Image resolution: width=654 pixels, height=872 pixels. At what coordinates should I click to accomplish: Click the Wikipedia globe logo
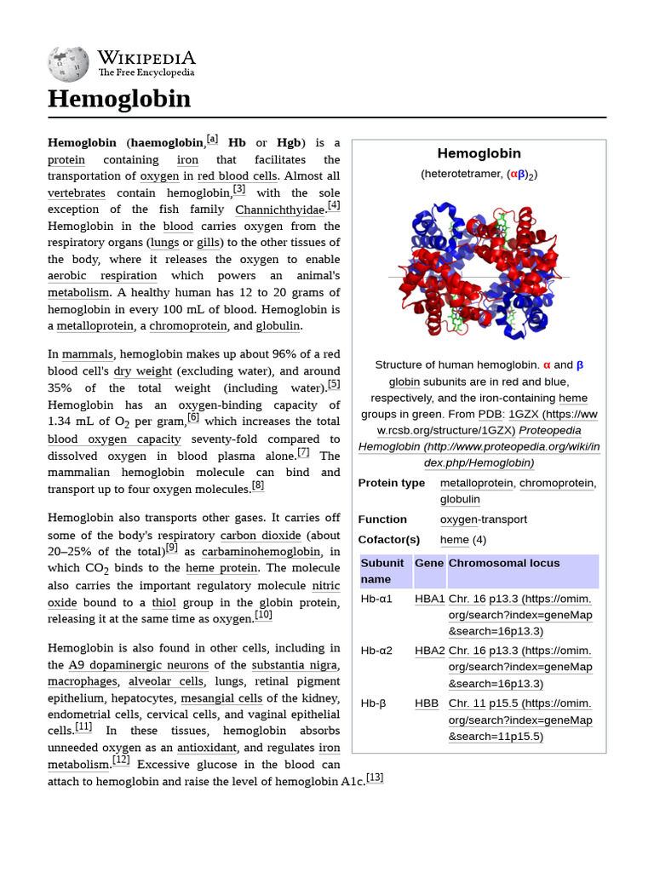point(68,64)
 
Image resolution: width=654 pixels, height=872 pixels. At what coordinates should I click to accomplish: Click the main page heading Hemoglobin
point(119,99)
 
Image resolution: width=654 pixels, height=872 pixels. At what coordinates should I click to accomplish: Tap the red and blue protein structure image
point(479,270)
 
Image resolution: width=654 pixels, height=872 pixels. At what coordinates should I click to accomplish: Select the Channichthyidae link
point(280,209)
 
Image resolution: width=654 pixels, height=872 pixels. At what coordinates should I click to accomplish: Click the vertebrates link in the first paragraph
point(77,192)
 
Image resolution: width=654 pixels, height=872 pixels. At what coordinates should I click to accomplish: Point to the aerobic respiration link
point(102,276)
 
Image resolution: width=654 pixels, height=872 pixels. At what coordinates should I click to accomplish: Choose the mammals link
point(88,354)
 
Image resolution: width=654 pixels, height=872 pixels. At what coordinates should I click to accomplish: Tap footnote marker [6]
point(192,418)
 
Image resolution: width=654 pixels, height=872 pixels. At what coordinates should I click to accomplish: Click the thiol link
point(163,602)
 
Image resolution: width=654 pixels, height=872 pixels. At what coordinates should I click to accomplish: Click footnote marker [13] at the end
point(375,777)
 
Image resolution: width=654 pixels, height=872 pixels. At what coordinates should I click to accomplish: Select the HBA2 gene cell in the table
point(430,651)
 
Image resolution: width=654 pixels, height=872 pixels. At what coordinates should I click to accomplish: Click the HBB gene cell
point(427,703)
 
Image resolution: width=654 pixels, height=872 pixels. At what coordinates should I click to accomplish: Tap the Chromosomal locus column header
point(504,563)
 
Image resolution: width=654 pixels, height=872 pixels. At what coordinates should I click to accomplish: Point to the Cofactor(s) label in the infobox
point(389,540)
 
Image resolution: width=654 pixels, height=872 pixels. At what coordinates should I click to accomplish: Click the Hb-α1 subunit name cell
point(376,599)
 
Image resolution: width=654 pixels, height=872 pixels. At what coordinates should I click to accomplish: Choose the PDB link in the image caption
point(490,415)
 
